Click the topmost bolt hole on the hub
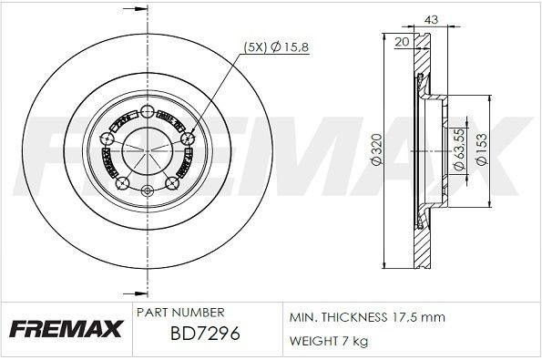[148, 103]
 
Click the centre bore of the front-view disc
[148, 147]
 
